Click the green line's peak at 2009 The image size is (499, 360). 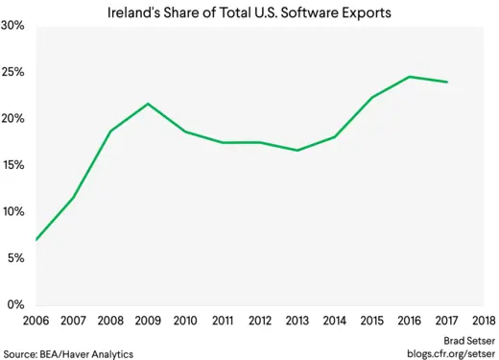[x=148, y=104]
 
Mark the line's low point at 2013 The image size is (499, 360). [x=297, y=150]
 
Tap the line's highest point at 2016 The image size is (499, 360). [x=409, y=77]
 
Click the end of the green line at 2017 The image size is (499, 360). [x=446, y=82]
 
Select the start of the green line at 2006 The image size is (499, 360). [x=36, y=240]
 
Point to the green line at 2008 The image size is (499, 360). [x=111, y=131]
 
